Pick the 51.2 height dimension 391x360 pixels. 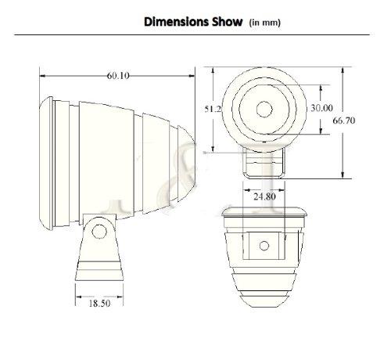click(x=213, y=109)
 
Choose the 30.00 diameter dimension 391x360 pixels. click(x=321, y=108)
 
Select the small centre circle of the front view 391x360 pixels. click(x=264, y=108)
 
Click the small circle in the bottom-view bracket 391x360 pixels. click(x=264, y=246)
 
